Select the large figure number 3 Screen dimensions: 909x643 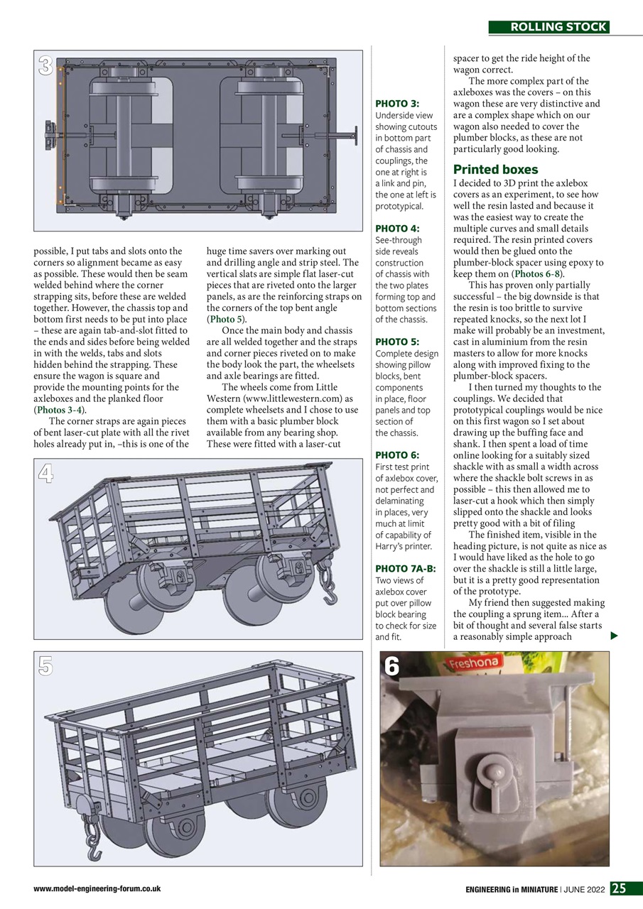[x=46, y=67]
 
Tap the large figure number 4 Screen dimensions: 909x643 [x=46, y=474]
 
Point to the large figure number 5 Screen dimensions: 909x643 [x=46, y=665]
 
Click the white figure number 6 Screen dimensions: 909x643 [x=392, y=666]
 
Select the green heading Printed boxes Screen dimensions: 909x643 [x=496, y=170]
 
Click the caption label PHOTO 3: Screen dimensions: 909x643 [x=396, y=104]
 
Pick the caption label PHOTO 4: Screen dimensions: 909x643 [x=396, y=229]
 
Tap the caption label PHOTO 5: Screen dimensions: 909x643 [x=396, y=342]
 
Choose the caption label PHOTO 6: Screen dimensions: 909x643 [x=396, y=455]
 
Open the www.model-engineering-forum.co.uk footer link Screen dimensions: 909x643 [x=97, y=888]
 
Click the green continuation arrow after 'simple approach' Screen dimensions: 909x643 [x=615, y=636]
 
